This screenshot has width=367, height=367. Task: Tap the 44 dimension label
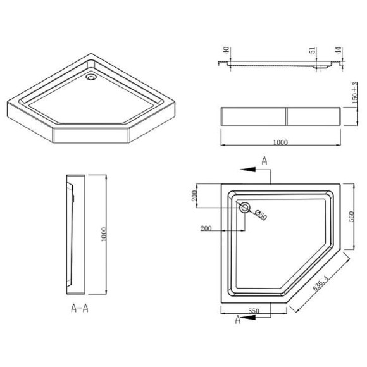(x=339, y=51)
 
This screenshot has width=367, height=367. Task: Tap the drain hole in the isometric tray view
(x=90, y=78)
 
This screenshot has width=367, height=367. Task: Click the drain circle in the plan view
(x=245, y=208)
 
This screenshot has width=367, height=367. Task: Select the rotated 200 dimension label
(x=194, y=197)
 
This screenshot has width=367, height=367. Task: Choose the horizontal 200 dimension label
(x=206, y=228)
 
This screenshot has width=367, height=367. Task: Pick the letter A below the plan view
(x=237, y=321)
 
